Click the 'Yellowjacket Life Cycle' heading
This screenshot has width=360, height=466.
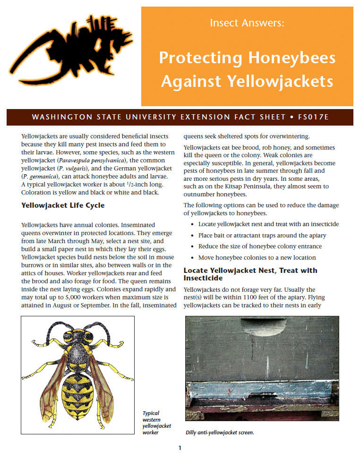click(63, 205)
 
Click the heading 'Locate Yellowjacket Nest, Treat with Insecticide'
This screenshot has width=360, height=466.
click(250, 274)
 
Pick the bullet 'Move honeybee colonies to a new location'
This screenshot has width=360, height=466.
click(257, 258)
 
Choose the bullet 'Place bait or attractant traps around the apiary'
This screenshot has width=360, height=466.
click(262, 235)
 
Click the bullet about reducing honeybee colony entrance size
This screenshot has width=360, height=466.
click(260, 246)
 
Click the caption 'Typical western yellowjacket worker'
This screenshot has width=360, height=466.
click(157, 423)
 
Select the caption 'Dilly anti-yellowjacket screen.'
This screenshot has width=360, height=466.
click(220, 432)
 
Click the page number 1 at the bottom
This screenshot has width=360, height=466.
click(180, 448)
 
